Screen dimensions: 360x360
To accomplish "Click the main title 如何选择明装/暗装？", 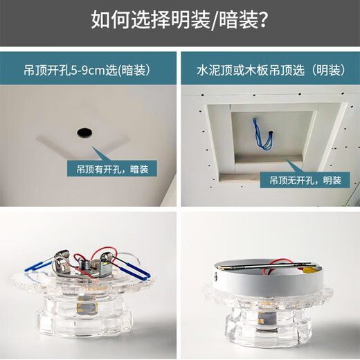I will coord(179,19).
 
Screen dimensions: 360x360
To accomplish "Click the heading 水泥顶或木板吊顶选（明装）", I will coord(269,69).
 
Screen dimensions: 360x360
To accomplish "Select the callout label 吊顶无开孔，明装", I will coord(300,180).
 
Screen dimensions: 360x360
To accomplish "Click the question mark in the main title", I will coord(262,19).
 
